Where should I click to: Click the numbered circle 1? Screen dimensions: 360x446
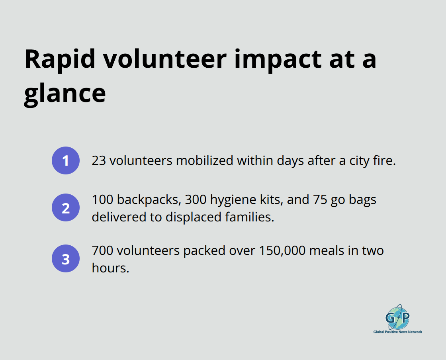(66, 160)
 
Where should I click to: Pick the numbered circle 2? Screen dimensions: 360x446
(66, 207)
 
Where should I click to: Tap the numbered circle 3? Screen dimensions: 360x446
(66, 259)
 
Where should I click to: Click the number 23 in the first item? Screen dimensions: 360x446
(99, 160)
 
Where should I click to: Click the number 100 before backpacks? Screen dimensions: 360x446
(102, 200)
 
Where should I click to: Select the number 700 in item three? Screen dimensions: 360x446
(102, 251)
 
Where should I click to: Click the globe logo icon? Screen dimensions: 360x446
(397, 317)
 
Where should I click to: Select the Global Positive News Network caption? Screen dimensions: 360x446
(397, 332)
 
